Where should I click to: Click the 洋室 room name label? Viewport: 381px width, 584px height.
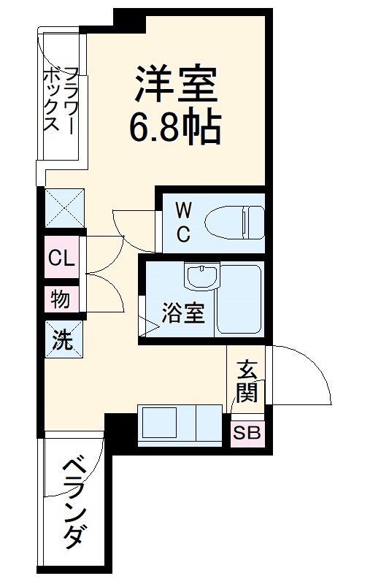175,84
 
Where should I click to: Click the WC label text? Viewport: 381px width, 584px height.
184,223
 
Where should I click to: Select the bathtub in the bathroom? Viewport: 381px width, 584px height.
241,299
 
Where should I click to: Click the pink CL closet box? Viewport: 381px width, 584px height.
61,258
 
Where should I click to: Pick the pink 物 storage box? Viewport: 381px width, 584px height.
61,299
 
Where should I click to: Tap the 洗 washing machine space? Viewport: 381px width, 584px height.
63,339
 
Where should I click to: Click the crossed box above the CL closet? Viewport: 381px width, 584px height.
64,208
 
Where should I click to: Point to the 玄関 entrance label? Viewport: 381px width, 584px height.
247,383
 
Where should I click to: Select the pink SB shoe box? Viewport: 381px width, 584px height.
247,433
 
